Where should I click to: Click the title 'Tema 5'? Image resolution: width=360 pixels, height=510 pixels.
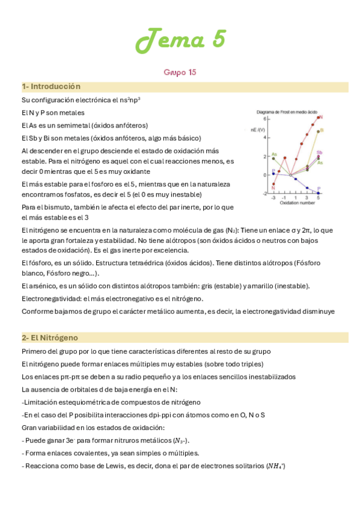pyautogui.click(x=180, y=40)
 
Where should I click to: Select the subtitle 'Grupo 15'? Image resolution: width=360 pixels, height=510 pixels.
pyautogui.click(x=180, y=72)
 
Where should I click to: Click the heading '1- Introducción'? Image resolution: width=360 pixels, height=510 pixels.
pyautogui.click(x=51, y=87)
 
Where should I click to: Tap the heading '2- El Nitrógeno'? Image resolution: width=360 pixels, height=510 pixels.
pyautogui.click(x=50, y=337)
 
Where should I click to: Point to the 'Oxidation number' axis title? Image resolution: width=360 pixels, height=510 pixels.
pyautogui.click(x=296, y=203)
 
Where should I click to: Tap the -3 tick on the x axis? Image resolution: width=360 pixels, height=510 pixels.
pyautogui.click(x=273, y=197)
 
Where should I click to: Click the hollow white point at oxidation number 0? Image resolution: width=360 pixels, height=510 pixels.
pyautogui.click(x=291, y=175)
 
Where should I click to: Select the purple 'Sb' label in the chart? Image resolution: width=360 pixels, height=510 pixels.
pyautogui.click(x=320, y=152)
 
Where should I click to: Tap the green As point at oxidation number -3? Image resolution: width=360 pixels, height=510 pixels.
pyautogui.click(x=273, y=158)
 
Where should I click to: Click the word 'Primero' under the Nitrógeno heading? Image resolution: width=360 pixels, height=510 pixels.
pyautogui.click(x=35, y=351)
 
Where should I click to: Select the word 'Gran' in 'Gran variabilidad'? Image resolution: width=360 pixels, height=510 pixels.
pyautogui.click(x=29, y=428)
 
